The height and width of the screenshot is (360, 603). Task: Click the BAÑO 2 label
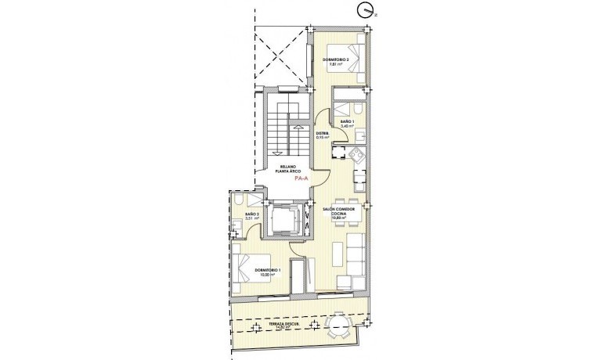[251, 215]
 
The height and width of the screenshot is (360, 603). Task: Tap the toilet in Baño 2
[238, 203]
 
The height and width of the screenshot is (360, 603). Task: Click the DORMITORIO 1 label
[267, 272]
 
